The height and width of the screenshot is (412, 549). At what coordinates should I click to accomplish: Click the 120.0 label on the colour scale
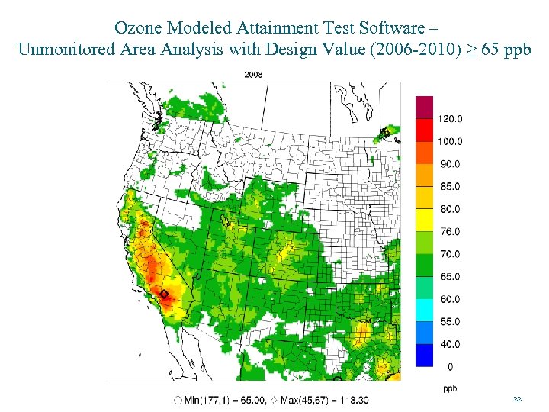click(450, 119)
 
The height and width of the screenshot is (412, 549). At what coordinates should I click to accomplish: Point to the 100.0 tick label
click(450, 141)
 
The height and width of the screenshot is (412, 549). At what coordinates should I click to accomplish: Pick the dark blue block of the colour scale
click(424, 356)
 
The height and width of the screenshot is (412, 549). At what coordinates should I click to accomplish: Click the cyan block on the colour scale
click(424, 311)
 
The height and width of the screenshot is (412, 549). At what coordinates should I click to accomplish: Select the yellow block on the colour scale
click(424, 220)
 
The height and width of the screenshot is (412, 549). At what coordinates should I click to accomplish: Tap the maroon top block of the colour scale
click(424, 107)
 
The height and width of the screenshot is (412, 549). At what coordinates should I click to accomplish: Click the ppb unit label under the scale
click(450, 388)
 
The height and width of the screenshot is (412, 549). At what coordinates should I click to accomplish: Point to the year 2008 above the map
click(253, 74)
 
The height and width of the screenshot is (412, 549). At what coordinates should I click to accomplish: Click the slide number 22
click(517, 399)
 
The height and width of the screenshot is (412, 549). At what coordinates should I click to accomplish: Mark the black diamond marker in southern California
click(163, 293)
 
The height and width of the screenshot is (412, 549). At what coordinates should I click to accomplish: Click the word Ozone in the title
click(137, 28)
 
